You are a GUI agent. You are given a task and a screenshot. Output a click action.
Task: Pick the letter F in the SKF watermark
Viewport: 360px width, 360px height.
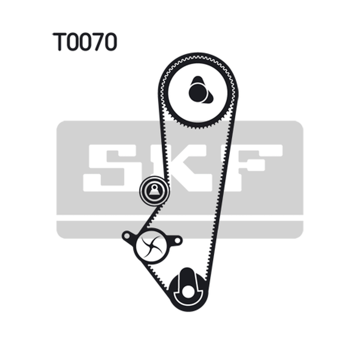(251, 168)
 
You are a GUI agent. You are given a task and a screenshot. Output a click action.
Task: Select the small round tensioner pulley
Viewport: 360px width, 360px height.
(154, 190)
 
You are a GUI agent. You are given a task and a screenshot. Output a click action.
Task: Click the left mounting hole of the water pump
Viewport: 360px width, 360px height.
(127, 236)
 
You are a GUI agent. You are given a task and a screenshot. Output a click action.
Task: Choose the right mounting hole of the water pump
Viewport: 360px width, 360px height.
(177, 240)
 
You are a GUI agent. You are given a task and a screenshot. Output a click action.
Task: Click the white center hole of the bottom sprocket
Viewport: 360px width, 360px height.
(188, 292)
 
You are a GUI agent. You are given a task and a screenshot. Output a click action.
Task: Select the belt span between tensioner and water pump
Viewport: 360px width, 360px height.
(150, 217)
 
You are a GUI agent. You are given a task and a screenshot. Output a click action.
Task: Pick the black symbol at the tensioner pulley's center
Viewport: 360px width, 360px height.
(154, 190)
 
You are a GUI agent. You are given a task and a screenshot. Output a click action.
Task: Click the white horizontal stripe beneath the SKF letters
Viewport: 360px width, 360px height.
(180, 218)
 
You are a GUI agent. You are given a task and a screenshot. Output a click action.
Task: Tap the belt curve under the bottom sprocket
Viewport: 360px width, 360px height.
(188, 308)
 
